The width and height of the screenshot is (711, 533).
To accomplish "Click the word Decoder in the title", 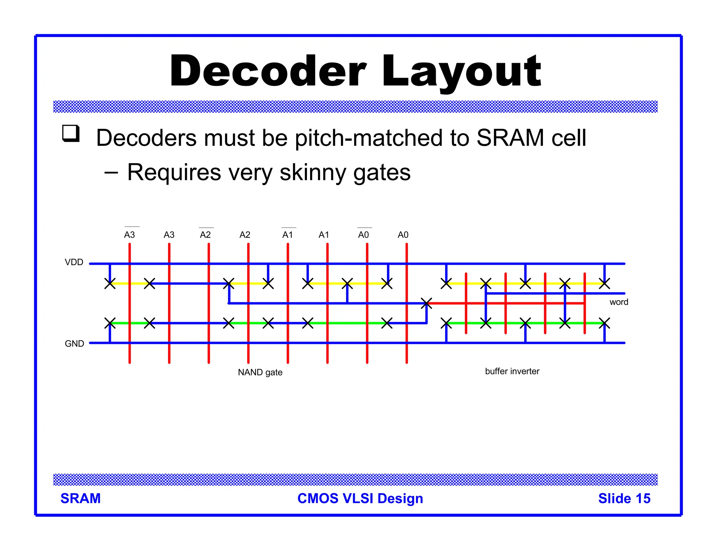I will tap(268, 71).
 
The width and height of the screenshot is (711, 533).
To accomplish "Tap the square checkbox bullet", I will tap(71, 134).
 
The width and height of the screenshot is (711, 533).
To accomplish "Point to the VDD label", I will tap(74, 262).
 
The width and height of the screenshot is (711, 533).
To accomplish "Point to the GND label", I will tap(74, 344).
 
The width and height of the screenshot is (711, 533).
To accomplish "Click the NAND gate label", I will tap(260, 372).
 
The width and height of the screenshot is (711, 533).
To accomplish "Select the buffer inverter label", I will tap(512, 371).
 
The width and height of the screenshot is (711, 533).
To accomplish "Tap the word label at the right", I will tap(619, 302).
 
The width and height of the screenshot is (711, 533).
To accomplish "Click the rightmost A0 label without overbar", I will tap(403, 235).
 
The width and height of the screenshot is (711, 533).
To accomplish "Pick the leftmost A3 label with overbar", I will tap(129, 235).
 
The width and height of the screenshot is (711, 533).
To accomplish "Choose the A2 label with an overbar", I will tap(205, 235).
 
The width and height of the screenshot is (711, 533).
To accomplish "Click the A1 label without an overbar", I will tap(324, 235).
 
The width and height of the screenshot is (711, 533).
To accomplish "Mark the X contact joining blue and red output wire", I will tap(426, 303).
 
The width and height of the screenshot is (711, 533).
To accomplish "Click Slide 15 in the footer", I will tap(624, 498).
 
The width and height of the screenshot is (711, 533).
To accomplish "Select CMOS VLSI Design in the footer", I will tap(360, 498).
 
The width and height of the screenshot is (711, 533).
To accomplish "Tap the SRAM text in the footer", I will tap(81, 498).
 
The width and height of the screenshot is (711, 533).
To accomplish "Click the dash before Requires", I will tap(111, 172).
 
